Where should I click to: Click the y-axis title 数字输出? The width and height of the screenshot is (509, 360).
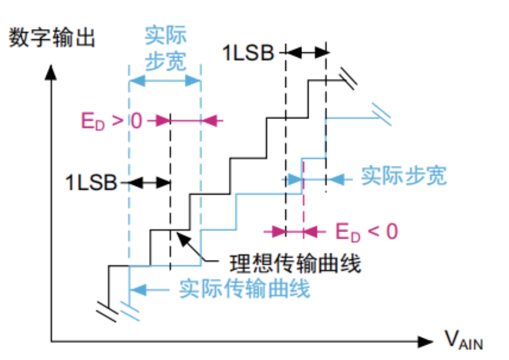pyautogui.click(x=52, y=37)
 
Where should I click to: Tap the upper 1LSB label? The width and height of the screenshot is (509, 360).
pyautogui.click(x=248, y=53)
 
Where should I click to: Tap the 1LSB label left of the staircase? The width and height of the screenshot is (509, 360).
pyautogui.click(x=91, y=183)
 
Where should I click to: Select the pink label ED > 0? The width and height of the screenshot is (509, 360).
pyautogui.click(x=112, y=121)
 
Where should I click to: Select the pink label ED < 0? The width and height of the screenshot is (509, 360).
pyautogui.click(x=366, y=231)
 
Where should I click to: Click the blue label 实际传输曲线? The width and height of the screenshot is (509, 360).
pyautogui.click(x=244, y=289)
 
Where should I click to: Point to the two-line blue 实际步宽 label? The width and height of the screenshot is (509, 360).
pyautogui.click(x=165, y=48)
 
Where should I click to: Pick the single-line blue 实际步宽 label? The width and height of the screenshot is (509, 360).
pyautogui.click(x=404, y=176)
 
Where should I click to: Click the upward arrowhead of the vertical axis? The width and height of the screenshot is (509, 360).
pyautogui.click(x=51, y=72)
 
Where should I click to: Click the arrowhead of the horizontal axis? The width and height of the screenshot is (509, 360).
pyautogui.click(x=425, y=342)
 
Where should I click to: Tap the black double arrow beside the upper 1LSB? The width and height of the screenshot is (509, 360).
pyautogui.click(x=306, y=53)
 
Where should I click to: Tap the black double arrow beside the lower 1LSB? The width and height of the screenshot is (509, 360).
pyautogui.click(x=149, y=183)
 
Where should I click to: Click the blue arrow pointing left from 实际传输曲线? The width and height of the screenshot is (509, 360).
pyautogui.click(x=139, y=290)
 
